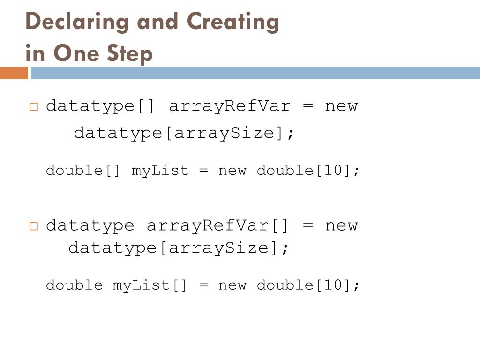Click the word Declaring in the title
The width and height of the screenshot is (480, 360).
(77, 22)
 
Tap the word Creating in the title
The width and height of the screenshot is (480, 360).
(232, 22)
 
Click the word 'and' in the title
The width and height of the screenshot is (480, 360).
(157, 22)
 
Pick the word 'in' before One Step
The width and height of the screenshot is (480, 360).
(35, 53)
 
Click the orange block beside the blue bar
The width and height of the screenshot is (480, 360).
(14, 74)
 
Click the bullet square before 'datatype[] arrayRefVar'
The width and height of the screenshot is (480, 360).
(33, 106)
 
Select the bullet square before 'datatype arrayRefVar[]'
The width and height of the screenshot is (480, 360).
(33, 226)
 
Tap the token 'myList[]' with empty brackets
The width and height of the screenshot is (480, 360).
(150, 285)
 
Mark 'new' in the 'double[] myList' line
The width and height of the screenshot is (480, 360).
(232, 170)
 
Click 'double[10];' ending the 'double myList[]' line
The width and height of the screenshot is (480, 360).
(308, 285)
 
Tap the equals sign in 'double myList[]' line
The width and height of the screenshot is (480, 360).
(203, 285)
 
